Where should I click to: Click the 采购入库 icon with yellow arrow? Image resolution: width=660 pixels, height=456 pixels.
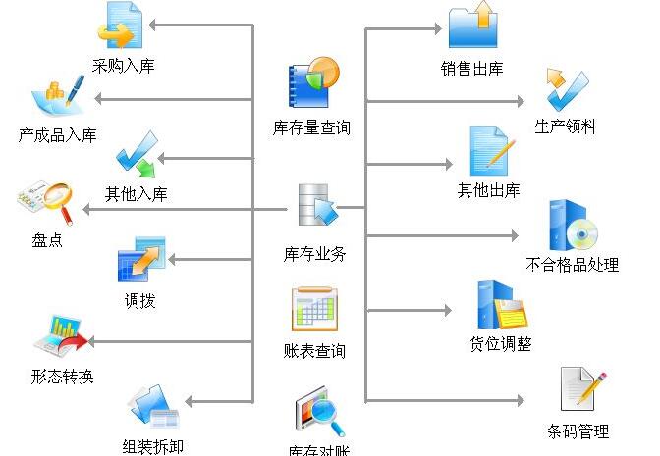122,27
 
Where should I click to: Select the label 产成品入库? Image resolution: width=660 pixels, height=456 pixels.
57,135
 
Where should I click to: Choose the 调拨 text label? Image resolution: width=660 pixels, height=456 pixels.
139,301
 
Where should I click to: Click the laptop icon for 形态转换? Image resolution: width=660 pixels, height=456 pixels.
59,336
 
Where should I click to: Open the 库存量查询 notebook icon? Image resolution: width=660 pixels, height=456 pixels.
312,83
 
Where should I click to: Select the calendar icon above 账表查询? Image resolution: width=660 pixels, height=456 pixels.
315,310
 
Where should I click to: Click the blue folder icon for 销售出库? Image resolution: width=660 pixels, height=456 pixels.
472,27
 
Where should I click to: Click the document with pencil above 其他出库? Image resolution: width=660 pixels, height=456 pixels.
490,151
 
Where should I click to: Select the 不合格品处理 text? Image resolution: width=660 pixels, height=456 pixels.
573,264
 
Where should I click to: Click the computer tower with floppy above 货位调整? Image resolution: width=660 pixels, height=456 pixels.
502,304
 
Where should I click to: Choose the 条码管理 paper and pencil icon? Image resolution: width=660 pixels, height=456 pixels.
581,389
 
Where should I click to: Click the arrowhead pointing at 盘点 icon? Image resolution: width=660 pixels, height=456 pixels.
87,209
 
